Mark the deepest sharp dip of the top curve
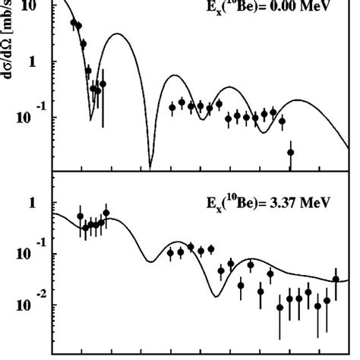coord(150,166)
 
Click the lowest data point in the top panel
coord(290,153)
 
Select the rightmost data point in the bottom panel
coord(336,279)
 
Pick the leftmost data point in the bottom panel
coord(81,216)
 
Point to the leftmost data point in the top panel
coord(74,24)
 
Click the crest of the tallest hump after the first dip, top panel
coord(118,34)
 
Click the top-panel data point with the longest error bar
coord(103,84)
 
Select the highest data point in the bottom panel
coord(106,213)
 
